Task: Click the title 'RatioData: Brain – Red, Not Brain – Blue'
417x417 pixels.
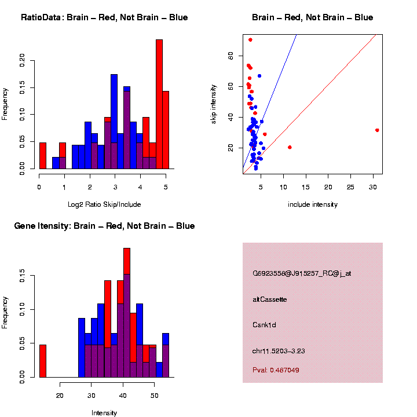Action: tap(104, 17)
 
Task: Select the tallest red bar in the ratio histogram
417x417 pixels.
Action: tap(159, 104)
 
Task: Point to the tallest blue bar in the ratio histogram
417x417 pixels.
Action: tap(114, 122)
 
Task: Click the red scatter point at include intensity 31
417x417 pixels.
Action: tap(377, 130)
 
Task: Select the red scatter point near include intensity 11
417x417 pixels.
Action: tap(290, 147)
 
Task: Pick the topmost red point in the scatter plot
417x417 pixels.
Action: tap(250, 40)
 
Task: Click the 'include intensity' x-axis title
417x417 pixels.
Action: tap(312, 204)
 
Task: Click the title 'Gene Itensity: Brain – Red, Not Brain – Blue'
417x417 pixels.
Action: tap(104, 226)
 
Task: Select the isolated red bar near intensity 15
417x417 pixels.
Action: tap(42, 361)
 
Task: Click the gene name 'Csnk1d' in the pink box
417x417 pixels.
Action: tap(264, 325)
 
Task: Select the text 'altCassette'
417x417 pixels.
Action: tap(270, 299)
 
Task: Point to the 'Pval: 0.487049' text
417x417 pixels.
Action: tap(276, 370)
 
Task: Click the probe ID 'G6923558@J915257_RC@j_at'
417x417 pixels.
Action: tap(302, 273)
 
